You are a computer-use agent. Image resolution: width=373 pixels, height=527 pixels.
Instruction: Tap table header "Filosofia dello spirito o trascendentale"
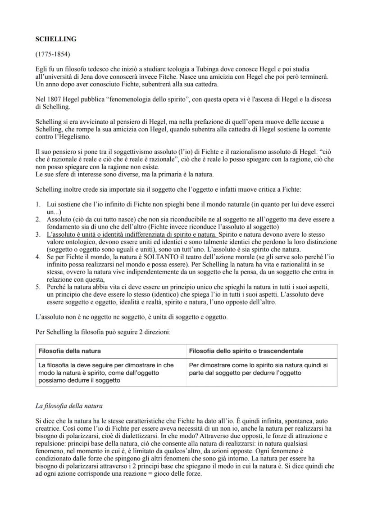pyautogui.click(x=246, y=351)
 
